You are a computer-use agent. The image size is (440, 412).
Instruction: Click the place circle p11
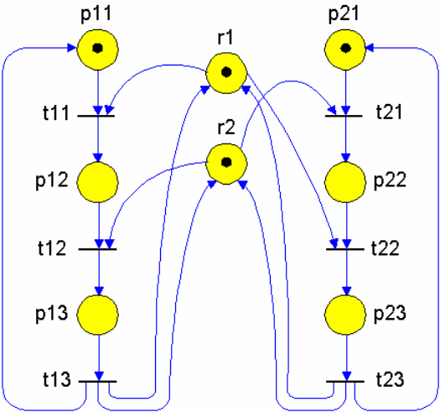tap(98, 50)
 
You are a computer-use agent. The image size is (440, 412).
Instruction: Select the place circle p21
tap(345, 50)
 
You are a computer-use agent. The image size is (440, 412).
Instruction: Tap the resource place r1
tap(226, 73)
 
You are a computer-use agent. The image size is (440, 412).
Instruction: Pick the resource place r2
tap(226, 164)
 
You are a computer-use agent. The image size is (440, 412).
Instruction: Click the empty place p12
tap(98, 182)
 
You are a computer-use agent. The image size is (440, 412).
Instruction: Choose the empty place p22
tap(345, 182)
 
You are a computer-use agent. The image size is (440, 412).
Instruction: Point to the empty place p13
tap(98, 315)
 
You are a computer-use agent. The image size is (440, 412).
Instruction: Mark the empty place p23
tap(345, 315)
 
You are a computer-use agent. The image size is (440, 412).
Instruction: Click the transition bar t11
tap(96, 116)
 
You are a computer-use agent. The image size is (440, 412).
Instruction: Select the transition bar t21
tap(344, 116)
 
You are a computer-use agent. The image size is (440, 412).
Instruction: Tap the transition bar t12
tap(97, 249)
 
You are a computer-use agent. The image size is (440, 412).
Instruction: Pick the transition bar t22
tap(345, 249)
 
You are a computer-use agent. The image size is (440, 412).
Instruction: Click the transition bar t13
tap(97, 381)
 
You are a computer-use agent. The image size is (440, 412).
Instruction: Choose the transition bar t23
tap(345, 381)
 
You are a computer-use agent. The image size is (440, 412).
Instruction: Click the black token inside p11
tap(98, 49)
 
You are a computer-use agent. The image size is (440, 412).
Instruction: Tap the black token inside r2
tap(226, 162)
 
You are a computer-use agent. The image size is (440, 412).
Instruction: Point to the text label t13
tap(57, 379)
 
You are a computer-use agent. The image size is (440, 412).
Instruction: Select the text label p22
tap(390, 180)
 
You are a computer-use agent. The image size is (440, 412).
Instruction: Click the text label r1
tap(225, 38)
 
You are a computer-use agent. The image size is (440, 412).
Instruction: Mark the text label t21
tap(389, 112)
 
